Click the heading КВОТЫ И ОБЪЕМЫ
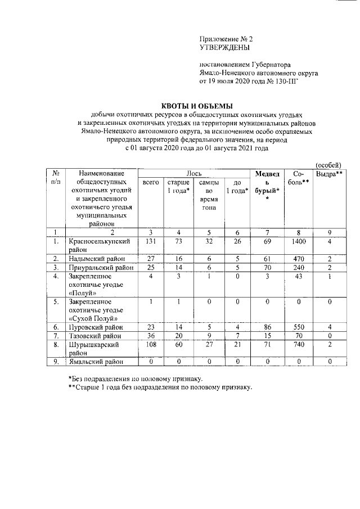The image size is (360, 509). (x=196, y=106)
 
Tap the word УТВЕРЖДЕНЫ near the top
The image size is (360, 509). (x=223, y=48)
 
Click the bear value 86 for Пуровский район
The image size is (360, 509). (x=268, y=326)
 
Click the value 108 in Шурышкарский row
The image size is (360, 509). (x=150, y=344)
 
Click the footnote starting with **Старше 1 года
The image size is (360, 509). (x=160, y=388)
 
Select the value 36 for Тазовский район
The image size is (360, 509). (x=150, y=335)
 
